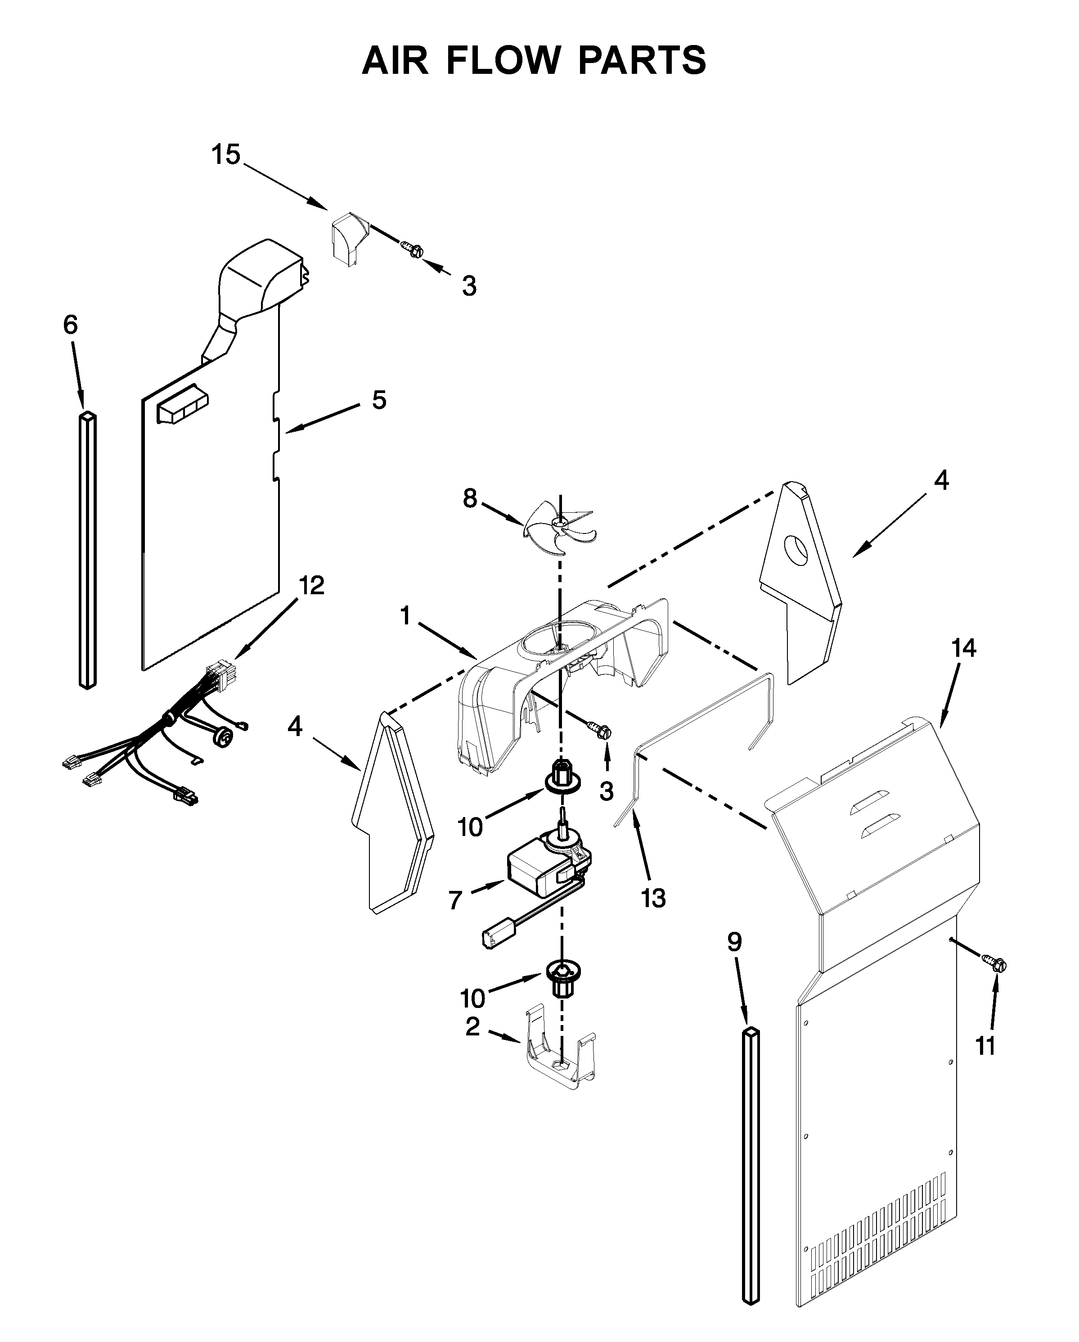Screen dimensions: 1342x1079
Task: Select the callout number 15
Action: click(x=225, y=154)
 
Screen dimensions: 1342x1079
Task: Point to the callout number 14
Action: click(x=963, y=649)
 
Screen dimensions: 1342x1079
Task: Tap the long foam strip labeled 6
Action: click(x=88, y=550)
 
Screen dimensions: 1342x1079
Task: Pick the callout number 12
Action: click(x=311, y=586)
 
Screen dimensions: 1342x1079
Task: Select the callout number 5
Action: click(x=379, y=400)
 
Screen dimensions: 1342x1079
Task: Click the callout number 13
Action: click(x=653, y=898)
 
